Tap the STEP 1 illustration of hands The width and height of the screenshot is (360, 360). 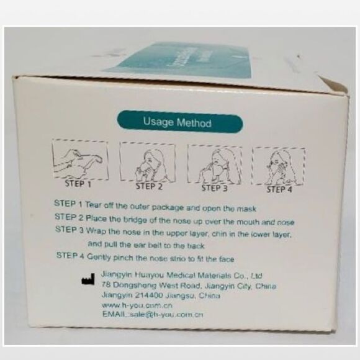click(x=79, y=160)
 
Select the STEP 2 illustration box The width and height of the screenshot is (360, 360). click(x=148, y=162)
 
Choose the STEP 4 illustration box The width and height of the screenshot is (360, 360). click(x=278, y=166)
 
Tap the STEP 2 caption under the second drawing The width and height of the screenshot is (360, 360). click(x=149, y=186)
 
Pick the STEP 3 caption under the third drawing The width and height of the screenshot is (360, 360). click(x=215, y=187)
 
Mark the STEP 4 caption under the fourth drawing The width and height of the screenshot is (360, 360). click(x=279, y=189)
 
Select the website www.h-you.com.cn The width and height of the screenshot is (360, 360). click(x=137, y=305)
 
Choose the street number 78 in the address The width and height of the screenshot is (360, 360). click(x=107, y=285)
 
